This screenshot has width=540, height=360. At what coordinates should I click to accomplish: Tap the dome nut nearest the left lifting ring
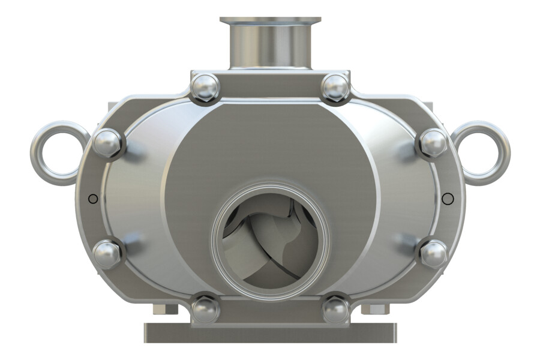(x=108, y=143)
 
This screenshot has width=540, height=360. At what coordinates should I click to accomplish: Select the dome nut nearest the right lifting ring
(x=432, y=143)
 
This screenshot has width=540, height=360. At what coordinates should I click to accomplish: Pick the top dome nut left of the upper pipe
(x=205, y=88)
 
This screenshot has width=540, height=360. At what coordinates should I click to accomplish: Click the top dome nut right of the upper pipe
(x=335, y=88)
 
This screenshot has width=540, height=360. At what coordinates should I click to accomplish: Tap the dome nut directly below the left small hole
(x=108, y=254)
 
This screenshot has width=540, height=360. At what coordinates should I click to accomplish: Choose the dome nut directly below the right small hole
(x=433, y=254)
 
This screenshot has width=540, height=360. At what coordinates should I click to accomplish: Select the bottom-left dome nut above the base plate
(x=205, y=309)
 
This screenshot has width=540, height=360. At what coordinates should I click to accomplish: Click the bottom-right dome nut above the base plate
(x=335, y=309)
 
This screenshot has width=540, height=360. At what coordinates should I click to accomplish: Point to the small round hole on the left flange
(x=92, y=199)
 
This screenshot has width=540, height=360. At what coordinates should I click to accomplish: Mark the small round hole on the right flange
(x=447, y=199)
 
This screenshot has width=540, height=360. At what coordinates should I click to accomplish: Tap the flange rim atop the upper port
(x=270, y=21)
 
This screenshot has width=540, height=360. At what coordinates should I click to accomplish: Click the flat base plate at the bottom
(x=270, y=333)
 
